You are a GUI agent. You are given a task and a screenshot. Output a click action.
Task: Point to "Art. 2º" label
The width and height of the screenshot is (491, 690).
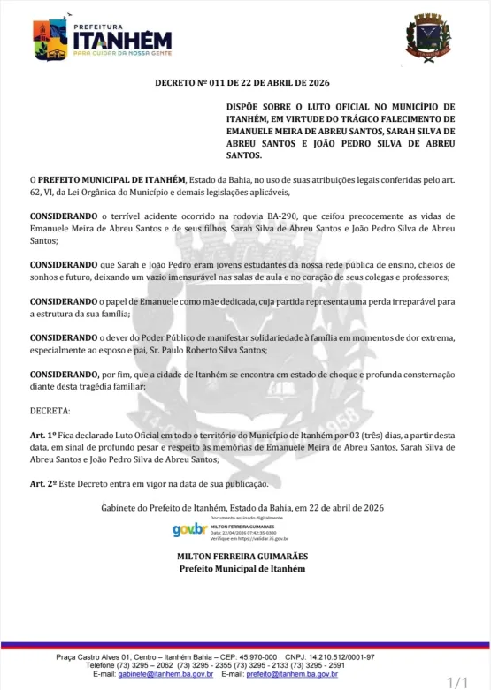(x=43, y=484)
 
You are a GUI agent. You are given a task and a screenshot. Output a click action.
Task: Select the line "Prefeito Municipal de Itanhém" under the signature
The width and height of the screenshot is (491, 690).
(x=242, y=568)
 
